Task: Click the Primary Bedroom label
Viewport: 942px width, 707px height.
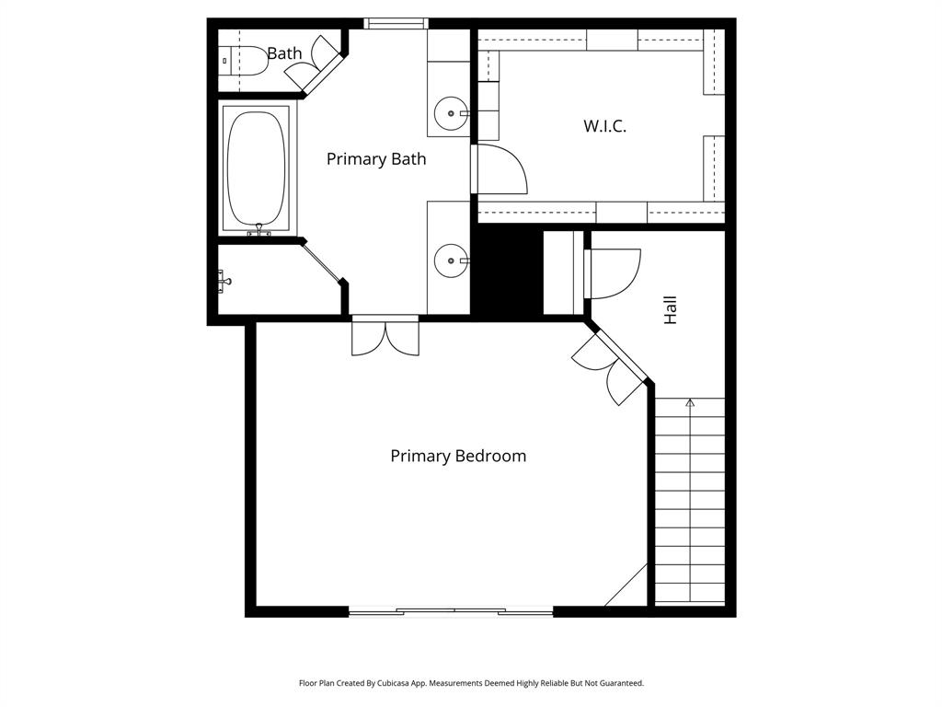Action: point(458,456)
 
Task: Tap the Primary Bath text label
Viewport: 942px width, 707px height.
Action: point(376,158)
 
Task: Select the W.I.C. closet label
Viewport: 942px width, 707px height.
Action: point(604,126)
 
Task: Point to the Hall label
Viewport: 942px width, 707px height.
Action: point(671,309)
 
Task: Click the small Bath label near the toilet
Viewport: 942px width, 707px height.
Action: point(284,53)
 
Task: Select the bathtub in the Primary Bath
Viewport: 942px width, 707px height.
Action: point(258,168)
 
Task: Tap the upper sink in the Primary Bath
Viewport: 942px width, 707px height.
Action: point(450,114)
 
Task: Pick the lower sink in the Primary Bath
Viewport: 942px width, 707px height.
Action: point(450,261)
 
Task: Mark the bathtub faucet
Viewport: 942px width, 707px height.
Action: point(258,230)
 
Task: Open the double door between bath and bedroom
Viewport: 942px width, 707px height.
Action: point(385,336)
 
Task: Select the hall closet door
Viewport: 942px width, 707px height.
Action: point(612,273)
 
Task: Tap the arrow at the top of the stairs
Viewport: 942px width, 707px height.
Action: point(690,402)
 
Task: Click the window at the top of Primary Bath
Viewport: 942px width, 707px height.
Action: point(396,24)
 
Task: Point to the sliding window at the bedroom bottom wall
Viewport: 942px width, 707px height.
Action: point(451,610)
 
